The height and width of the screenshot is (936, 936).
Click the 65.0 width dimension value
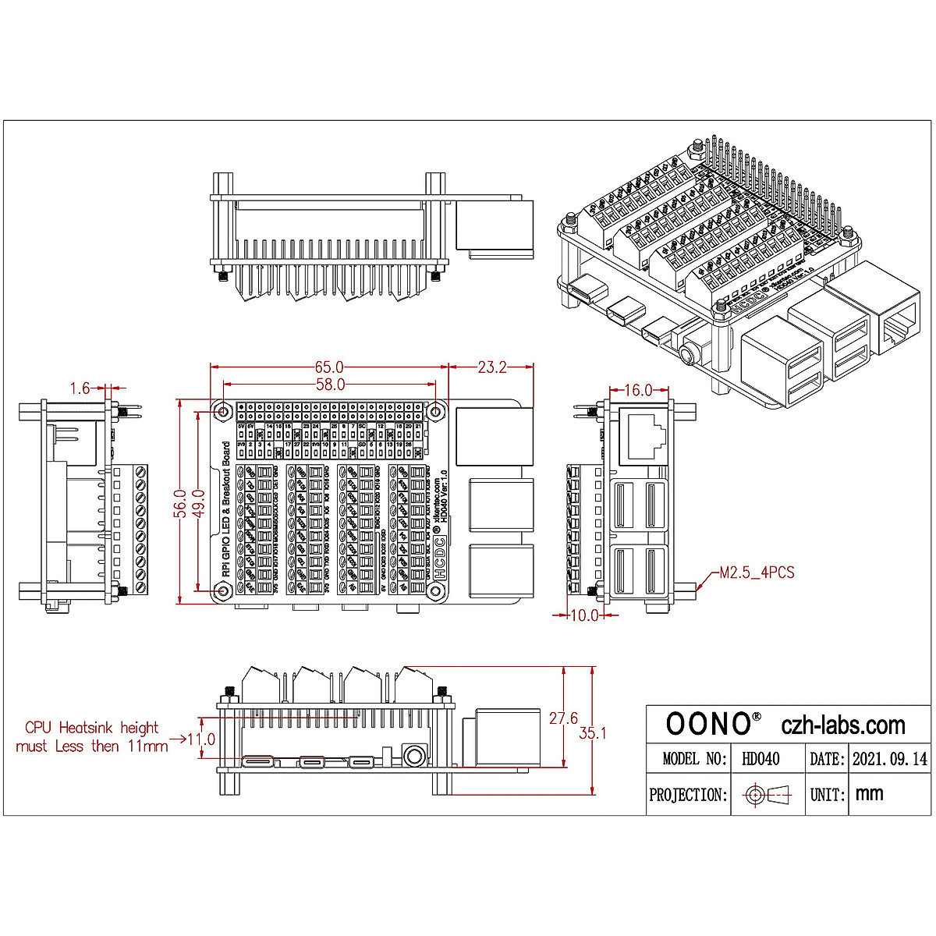(x=329, y=367)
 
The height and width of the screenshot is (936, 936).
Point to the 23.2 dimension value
(x=491, y=367)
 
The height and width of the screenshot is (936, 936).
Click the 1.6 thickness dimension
(x=80, y=387)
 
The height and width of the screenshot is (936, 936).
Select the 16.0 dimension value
(x=638, y=390)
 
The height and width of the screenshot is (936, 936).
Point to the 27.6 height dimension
(x=563, y=718)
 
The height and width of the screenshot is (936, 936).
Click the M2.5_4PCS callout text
(x=757, y=573)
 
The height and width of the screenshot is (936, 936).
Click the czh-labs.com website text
(x=843, y=725)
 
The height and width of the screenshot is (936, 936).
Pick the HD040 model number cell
(x=760, y=758)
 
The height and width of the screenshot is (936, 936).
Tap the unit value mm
(x=870, y=794)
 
